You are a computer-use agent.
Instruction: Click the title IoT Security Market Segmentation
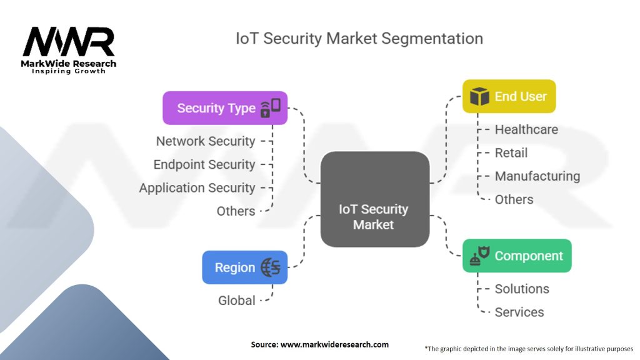point(359,38)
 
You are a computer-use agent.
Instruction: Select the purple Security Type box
point(225,108)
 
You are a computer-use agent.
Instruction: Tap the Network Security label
point(206,141)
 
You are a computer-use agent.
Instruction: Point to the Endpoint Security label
point(204,164)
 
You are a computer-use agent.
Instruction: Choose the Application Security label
point(197,187)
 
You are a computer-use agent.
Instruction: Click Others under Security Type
point(236,211)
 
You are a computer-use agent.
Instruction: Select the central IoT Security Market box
point(374,216)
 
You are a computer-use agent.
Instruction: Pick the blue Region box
point(244,267)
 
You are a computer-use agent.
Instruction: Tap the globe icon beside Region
point(271,267)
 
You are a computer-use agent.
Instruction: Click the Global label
point(236,301)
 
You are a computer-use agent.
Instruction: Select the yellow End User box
point(509,96)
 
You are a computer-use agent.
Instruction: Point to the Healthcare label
point(526,129)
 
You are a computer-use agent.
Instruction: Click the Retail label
point(511,153)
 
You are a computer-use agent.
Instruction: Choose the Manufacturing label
point(537,176)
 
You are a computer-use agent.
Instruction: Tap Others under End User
point(514,200)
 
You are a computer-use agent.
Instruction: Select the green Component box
point(517,256)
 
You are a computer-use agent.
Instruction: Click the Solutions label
point(522,289)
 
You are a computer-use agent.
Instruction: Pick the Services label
point(519,312)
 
